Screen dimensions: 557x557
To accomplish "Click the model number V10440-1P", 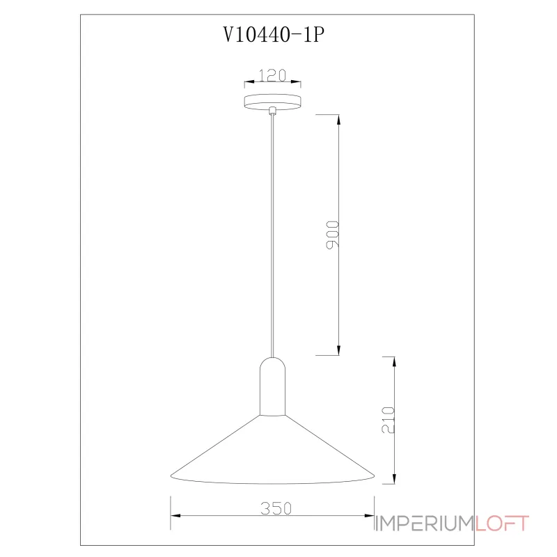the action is (x=274, y=35).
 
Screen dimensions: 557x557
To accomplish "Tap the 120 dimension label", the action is (x=272, y=75).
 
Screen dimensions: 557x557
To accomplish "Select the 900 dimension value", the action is (x=333, y=235).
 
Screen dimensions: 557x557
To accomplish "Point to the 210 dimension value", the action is (x=388, y=420).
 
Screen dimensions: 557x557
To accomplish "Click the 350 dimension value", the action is (x=276, y=508).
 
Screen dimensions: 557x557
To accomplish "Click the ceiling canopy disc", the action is (x=272, y=102).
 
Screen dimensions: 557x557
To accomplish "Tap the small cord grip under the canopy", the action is (x=272, y=111).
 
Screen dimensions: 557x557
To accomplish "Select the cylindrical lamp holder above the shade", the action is (x=272, y=386).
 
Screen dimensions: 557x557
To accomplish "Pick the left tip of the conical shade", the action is (x=171, y=476).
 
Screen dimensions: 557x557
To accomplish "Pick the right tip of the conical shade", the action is (x=375, y=476).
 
